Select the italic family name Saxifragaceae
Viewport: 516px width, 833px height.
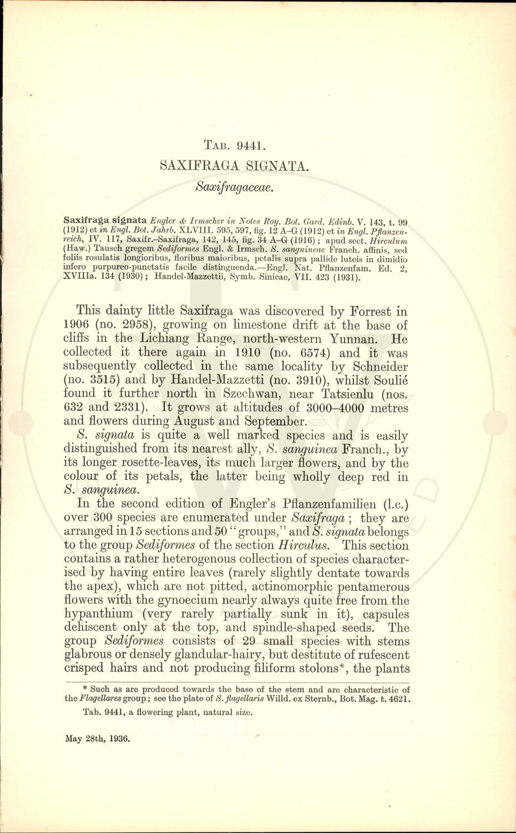point(235,187)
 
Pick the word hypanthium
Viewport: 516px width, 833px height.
point(98,614)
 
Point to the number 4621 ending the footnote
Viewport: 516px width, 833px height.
point(401,699)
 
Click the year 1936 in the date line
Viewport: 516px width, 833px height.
point(119,739)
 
